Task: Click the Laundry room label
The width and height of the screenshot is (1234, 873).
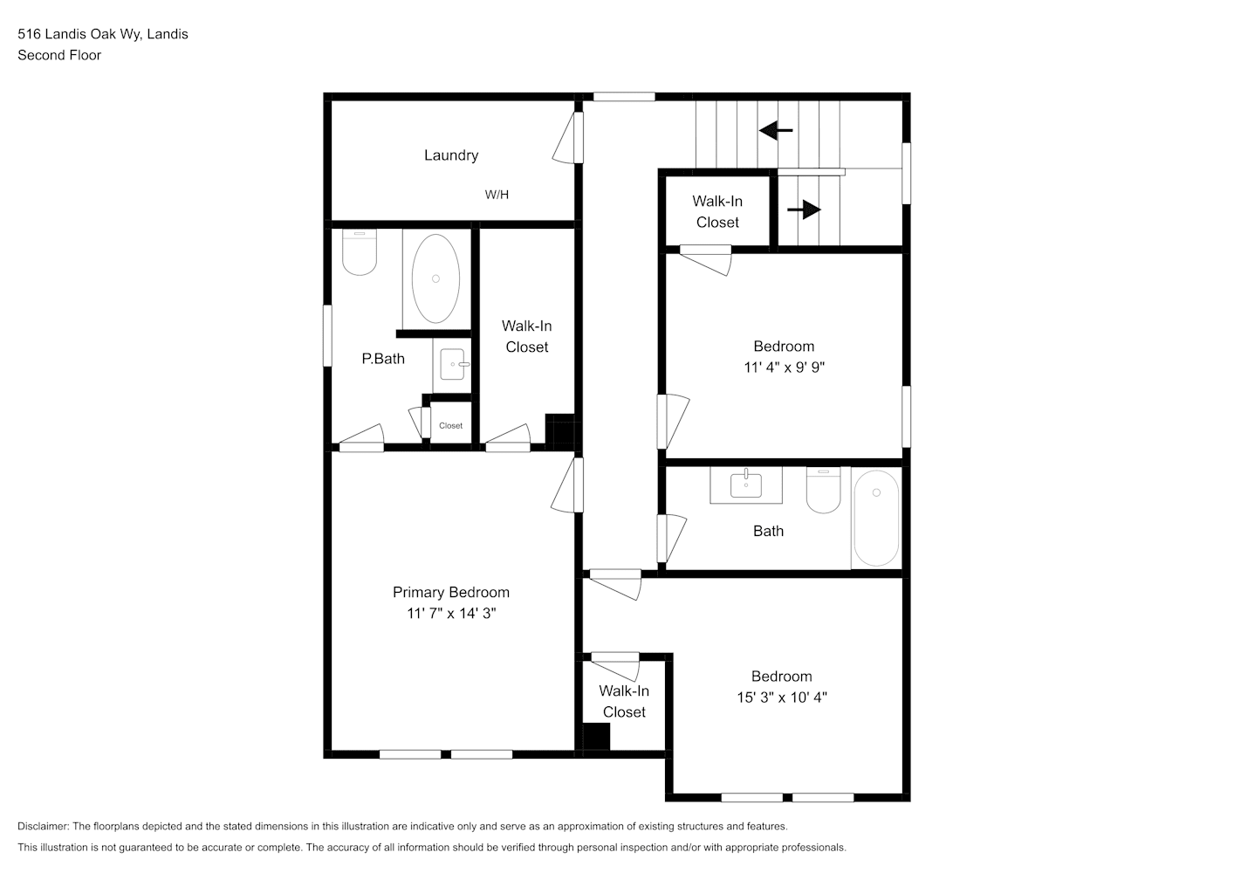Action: click(450, 155)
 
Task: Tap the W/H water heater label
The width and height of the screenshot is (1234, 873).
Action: click(497, 195)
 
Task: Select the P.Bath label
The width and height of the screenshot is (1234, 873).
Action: click(383, 359)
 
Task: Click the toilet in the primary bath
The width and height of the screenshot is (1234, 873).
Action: click(360, 252)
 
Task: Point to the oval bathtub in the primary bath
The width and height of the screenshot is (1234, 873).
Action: click(435, 278)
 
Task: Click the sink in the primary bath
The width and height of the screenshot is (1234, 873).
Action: click(453, 364)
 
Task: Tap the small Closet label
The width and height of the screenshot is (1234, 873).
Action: click(450, 425)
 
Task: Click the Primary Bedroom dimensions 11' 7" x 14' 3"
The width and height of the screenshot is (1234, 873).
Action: click(451, 614)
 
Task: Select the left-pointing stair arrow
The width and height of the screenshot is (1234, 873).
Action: click(776, 131)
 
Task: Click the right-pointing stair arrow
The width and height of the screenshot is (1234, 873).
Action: click(804, 210)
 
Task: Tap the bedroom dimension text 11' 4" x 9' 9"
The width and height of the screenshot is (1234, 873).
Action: click(784, 368)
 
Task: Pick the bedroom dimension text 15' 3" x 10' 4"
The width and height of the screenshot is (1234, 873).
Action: click(782, 698)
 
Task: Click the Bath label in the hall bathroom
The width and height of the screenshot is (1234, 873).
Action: click(768, 532)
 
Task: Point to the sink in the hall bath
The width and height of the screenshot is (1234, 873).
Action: click(746, 485)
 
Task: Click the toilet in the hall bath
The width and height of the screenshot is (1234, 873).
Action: click(823, 490)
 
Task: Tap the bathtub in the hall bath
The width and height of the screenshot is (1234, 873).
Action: click(876, 518)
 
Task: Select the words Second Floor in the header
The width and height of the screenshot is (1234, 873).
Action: click(59, 55)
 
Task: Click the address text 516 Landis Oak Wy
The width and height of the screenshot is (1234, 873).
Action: click(80, 34)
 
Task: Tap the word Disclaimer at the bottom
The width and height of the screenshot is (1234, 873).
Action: click(43, 826)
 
